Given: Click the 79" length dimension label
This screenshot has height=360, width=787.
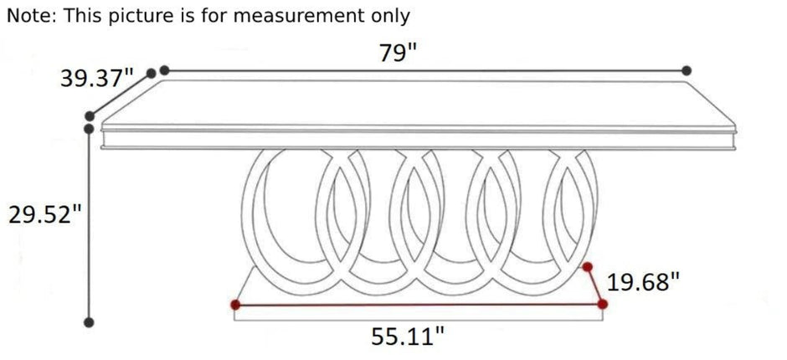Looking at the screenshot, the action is click(398, 53).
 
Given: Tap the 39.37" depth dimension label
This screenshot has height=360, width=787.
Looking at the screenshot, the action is click(97, 79).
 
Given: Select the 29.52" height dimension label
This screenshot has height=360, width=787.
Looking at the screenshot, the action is click(44, 215).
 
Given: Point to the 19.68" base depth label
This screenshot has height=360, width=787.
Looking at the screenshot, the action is click(643, 282).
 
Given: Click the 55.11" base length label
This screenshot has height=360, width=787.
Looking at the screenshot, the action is click(408, 337).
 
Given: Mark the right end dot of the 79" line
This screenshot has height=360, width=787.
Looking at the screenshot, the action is click(687, 71).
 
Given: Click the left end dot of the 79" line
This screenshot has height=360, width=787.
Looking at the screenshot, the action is click(164, 70).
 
